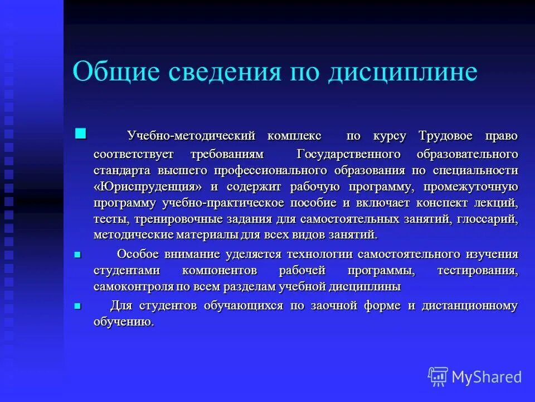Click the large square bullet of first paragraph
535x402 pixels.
pyautogui.click(x=81, y=133)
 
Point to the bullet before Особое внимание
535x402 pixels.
pyautogui.click(x=77, y=255)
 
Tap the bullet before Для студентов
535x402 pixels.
pyautogui.click(x=77, y=306)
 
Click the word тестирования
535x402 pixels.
pyautogui.click(x=478, y=271)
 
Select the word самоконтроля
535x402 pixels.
pyautogui.click(x=130, y=287)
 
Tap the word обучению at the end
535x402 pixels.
pyautogui.click(x=123, y=322)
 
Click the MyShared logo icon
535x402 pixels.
pyautogui.click(x=437, y=376)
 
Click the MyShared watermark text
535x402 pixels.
pyautogui.click(x=487, y=377)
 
